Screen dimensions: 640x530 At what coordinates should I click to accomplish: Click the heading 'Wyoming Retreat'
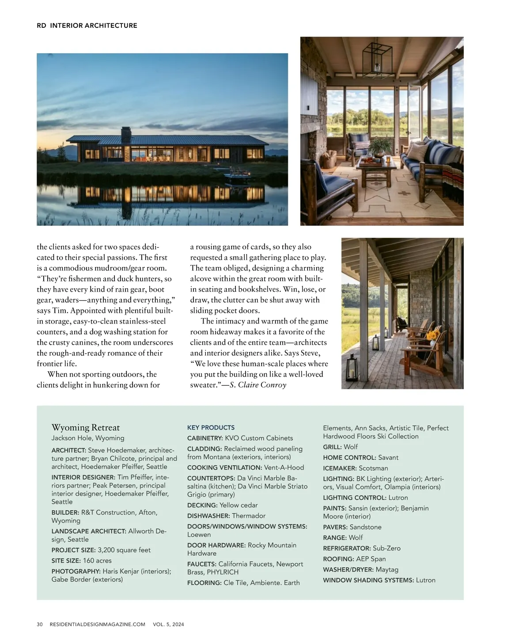[x=85, y=427]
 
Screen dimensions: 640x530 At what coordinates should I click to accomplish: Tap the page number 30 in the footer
[x=40, y=624]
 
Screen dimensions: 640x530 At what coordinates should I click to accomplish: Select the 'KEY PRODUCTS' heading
[x=211, y=427]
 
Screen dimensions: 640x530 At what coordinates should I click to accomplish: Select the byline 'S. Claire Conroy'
[x=258, y=385]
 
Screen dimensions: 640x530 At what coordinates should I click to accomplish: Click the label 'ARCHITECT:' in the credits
[x=68, y=450]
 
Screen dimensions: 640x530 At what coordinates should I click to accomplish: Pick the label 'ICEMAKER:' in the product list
[x=340, y=468]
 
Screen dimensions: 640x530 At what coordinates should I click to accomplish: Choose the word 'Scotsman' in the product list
[x=373, y=468]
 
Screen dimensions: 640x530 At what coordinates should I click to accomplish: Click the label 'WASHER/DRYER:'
[x=348, y=569]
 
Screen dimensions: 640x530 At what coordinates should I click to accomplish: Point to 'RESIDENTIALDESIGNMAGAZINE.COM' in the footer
[x=97, y=624]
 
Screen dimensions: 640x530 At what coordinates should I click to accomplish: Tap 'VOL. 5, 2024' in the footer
[x=168, y=624]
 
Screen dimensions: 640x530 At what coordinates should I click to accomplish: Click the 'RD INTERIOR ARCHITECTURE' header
[x=87, y=26]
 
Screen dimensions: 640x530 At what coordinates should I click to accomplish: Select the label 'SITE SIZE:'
[x=66, y=561]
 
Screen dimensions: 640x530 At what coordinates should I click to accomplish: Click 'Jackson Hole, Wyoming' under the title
[x=87, y=438]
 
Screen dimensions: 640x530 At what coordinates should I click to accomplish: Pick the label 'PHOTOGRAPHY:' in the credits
[x=76, y=571]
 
